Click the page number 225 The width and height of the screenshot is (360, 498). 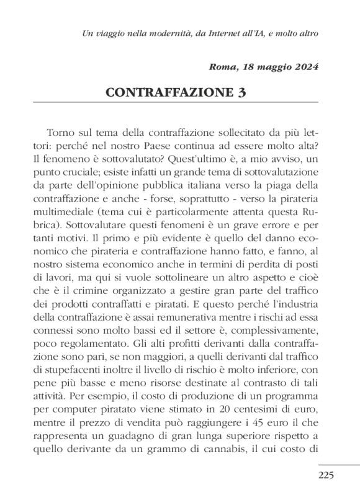(326, 476)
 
